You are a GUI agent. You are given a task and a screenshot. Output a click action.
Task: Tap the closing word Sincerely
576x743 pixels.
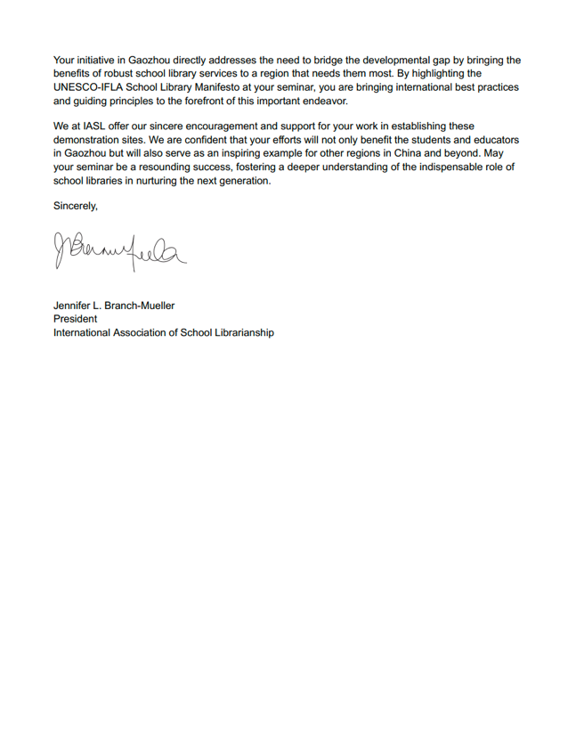(x=76, y=206)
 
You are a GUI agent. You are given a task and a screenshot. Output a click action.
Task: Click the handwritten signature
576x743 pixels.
(x=120, y=252)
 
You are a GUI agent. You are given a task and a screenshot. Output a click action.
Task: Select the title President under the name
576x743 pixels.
(x=76, y=319)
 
